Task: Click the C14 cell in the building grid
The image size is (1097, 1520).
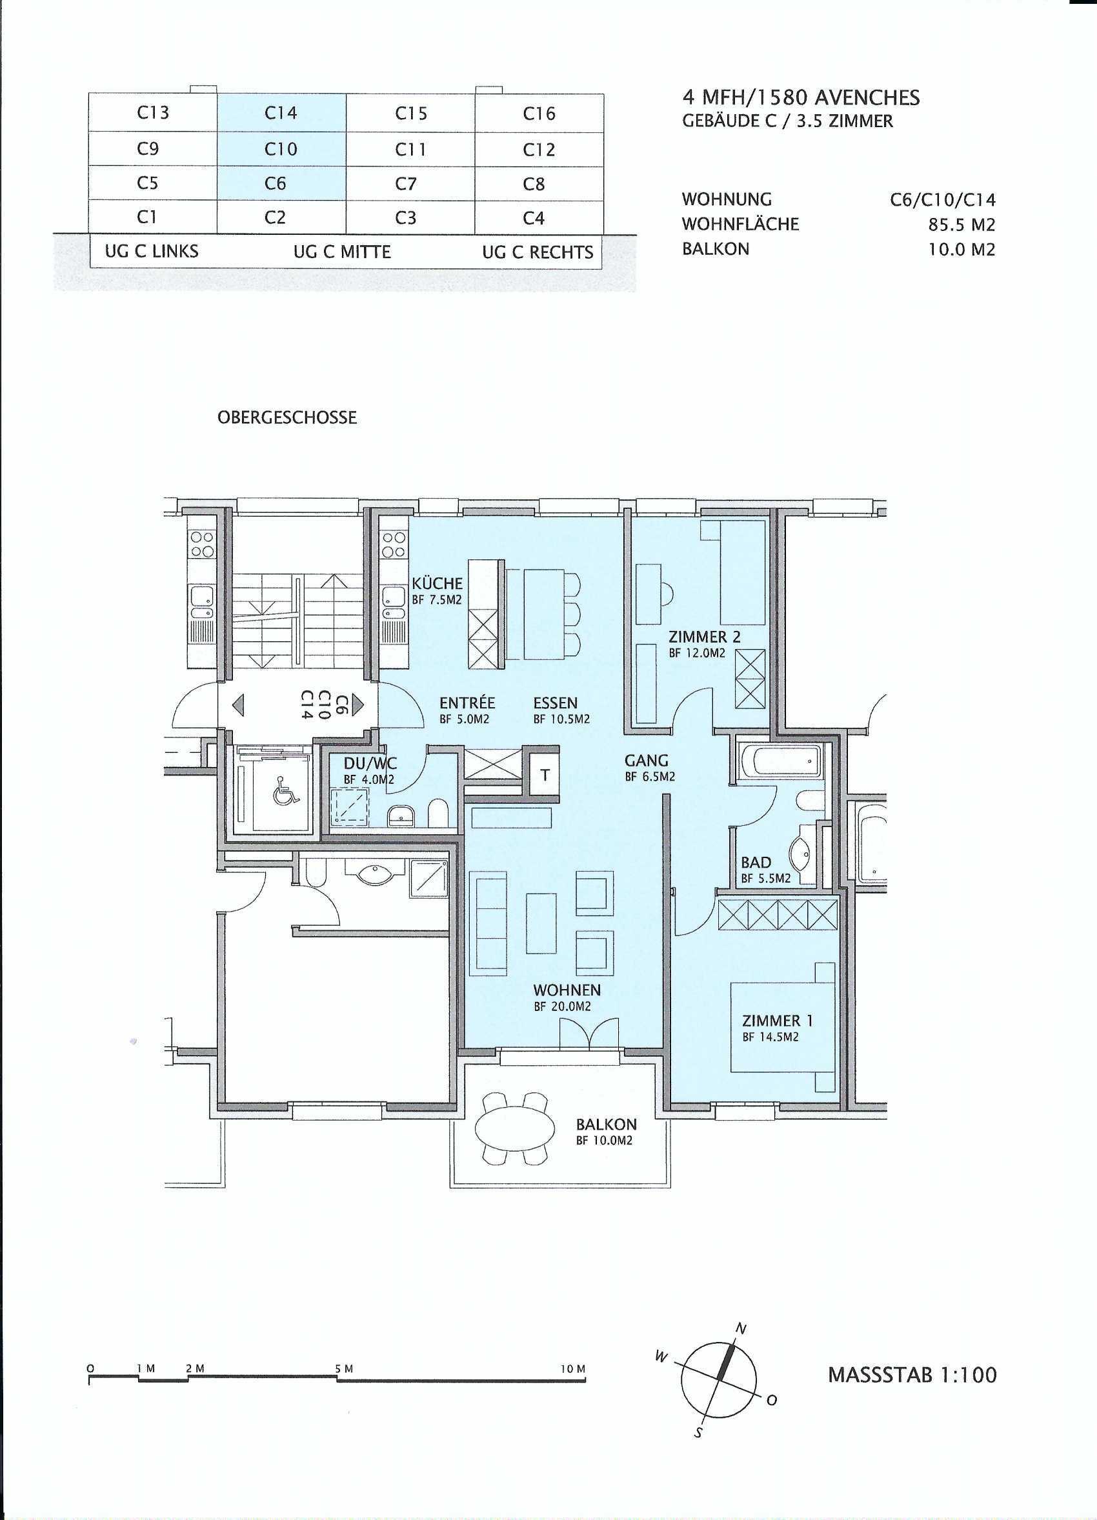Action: coord(281,113)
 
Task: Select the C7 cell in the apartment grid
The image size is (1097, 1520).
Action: coord(410,184)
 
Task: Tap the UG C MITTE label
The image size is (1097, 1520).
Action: coord(342,252)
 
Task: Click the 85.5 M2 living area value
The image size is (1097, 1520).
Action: coord(961,225)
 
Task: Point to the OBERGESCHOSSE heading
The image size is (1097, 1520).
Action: coord(287,417)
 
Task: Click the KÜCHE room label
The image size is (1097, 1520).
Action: coord(437,583)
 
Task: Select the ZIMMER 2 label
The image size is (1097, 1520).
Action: coord(704,637)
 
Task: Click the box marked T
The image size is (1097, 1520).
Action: coord(545,775)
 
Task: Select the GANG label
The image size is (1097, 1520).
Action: coord(647,761)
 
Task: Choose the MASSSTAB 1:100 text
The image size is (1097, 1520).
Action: coord(912,1370)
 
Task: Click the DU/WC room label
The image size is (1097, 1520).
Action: coord(370,763)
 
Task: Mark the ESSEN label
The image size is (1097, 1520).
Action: coord(556,703)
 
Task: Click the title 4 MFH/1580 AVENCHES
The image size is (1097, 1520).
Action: coord(801,98)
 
